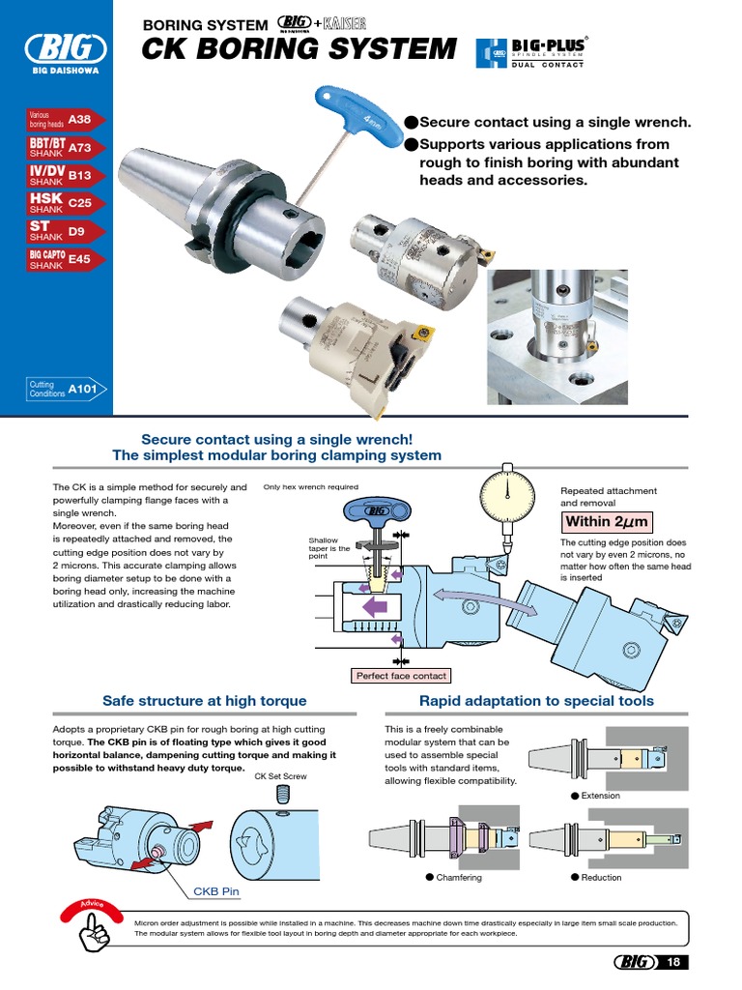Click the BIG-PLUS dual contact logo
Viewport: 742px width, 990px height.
(x=532, y=52)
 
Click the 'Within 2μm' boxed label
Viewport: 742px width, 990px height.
(x=607, y=522)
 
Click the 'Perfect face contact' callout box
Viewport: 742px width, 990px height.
(x=401, y=676)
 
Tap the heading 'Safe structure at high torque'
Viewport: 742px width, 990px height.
(x=204, y=701)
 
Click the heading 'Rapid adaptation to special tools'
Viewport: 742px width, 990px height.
(x=535, y=701)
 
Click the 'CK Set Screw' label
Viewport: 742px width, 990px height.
(x=280, y=775)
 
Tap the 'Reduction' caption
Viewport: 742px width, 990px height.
(x=600, y=878)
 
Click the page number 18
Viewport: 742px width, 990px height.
(x=673, y=962)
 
